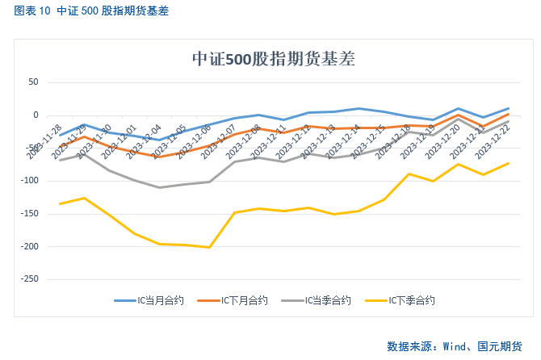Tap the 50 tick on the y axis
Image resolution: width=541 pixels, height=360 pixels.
tap(33, 82)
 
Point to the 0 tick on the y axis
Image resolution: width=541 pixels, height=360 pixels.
tap(36, 115)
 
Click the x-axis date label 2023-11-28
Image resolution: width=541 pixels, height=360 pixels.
tap(45, 143)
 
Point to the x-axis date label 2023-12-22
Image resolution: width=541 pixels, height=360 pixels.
tap(494, 143)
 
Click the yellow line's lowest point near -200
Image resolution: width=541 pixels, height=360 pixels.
tap(209, 247)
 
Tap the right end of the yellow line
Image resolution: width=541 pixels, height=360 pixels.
tap(508, 163)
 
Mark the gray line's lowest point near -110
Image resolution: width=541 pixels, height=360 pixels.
tap(159, 187)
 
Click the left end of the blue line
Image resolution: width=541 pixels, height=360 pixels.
tap(60, 135)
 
